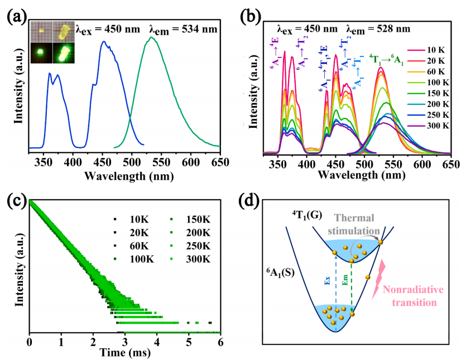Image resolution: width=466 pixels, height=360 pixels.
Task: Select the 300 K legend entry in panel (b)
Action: pos(428,126)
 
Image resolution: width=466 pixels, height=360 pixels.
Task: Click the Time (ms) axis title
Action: pos(125,352)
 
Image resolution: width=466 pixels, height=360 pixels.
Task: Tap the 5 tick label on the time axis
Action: pos(189,342)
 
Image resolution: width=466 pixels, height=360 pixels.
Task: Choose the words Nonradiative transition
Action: pos(413,296)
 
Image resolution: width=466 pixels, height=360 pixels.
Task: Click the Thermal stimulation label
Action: pos(354,224)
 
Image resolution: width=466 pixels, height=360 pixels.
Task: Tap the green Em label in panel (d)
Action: pos(345,280)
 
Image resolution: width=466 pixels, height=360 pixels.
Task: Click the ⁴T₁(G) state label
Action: pos(306,215)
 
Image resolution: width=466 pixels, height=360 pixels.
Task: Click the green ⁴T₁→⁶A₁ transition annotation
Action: pos(386,60)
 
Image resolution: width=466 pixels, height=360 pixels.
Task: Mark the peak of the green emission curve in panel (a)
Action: pos(151,37)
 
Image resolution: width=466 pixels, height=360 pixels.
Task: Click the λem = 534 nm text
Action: pos(183,30)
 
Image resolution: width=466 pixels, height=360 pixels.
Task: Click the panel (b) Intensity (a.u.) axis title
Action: pos(253,92)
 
